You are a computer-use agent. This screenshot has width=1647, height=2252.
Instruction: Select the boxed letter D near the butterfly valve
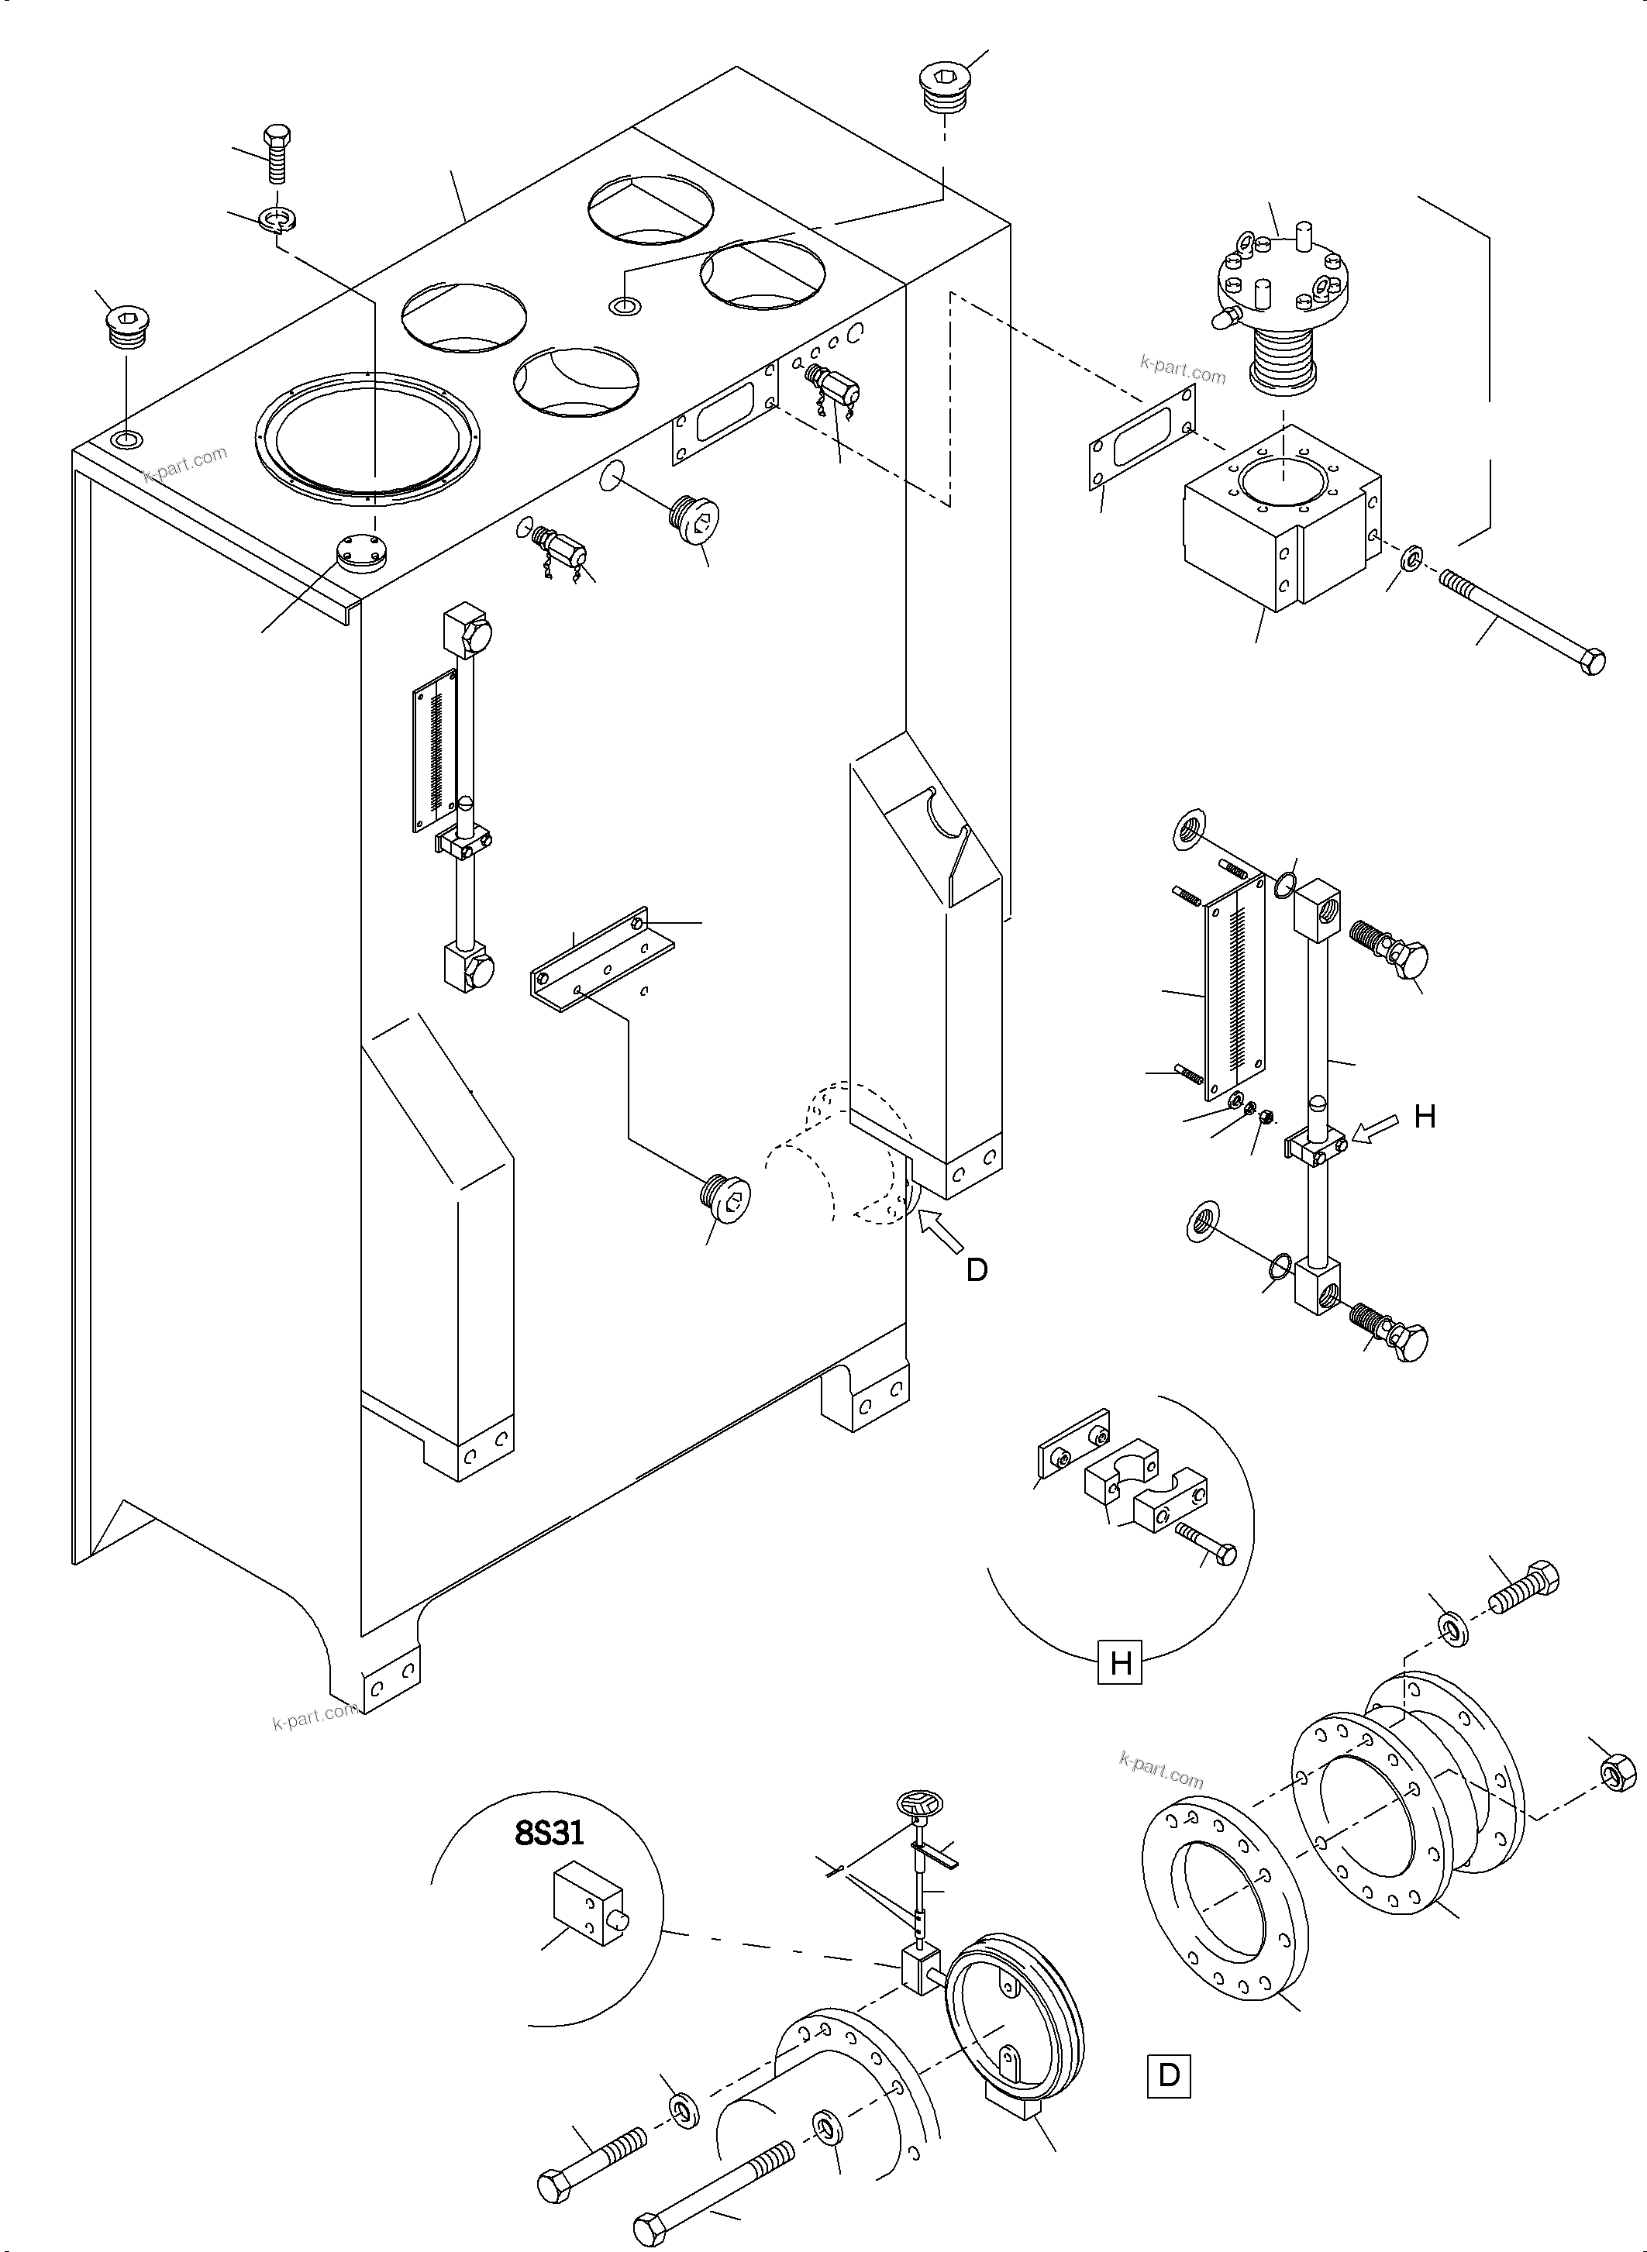click(x=1169, y=2075)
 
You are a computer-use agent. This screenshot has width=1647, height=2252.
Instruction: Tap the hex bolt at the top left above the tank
click(x=276, y=153)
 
